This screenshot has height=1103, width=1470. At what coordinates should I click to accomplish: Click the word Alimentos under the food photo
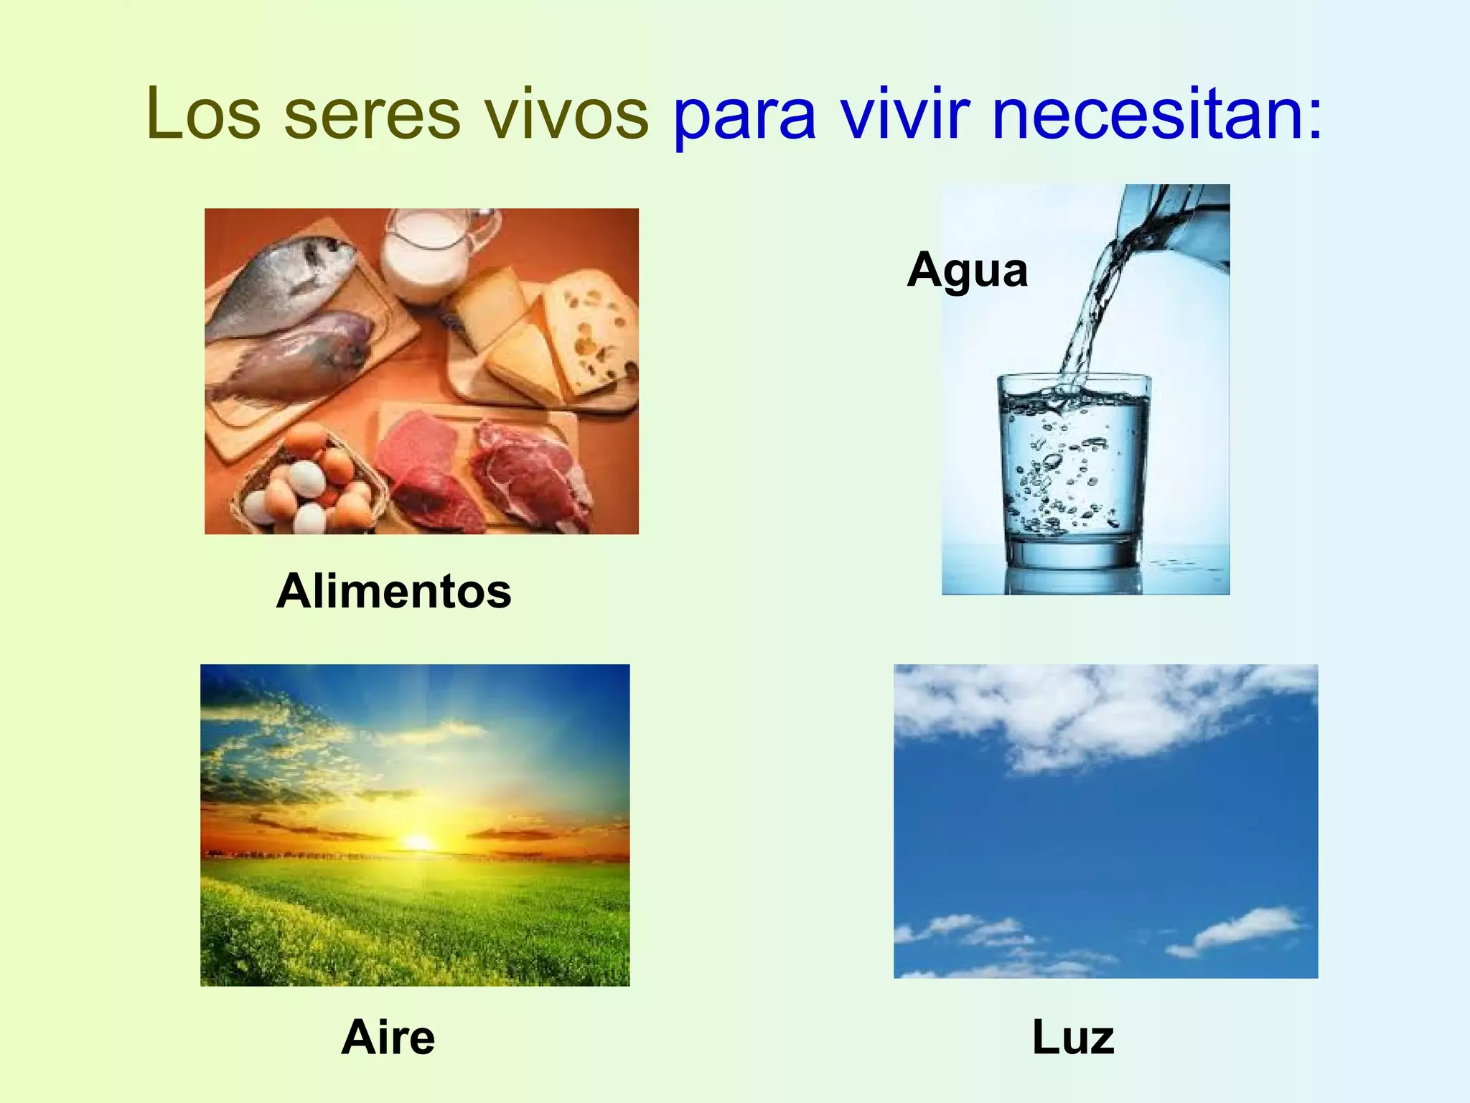[393, 591]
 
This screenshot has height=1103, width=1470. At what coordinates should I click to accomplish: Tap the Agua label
[967, 271]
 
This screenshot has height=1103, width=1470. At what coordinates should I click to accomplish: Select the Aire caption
[388, 1038]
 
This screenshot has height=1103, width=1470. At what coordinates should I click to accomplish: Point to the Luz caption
[1073, 1038]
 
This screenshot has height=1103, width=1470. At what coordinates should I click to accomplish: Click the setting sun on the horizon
[417, 842]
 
